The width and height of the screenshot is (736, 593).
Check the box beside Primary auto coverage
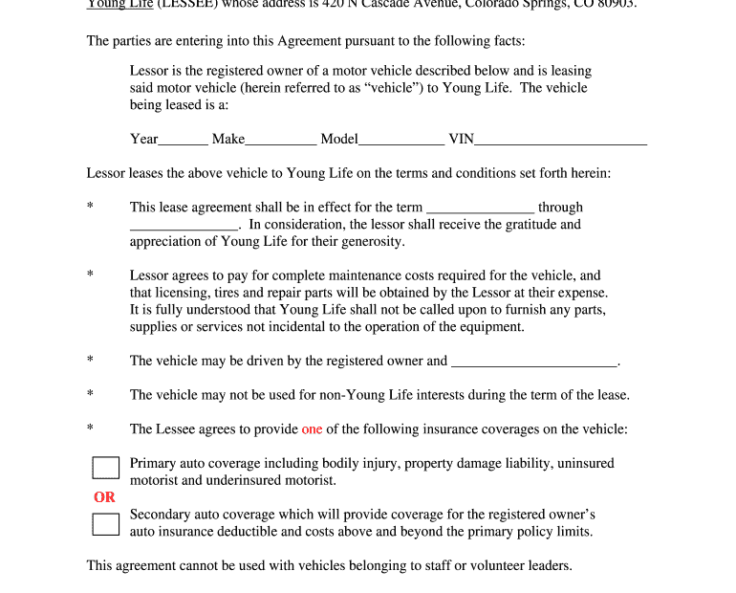pos(105,468)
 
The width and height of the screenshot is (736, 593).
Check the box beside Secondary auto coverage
pos(105,524)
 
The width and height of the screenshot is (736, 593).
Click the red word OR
pos(104,497)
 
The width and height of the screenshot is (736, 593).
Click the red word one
pos(312,429)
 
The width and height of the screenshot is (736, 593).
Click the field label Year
pos(144,139)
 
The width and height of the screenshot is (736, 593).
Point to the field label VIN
pos(461,139)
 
